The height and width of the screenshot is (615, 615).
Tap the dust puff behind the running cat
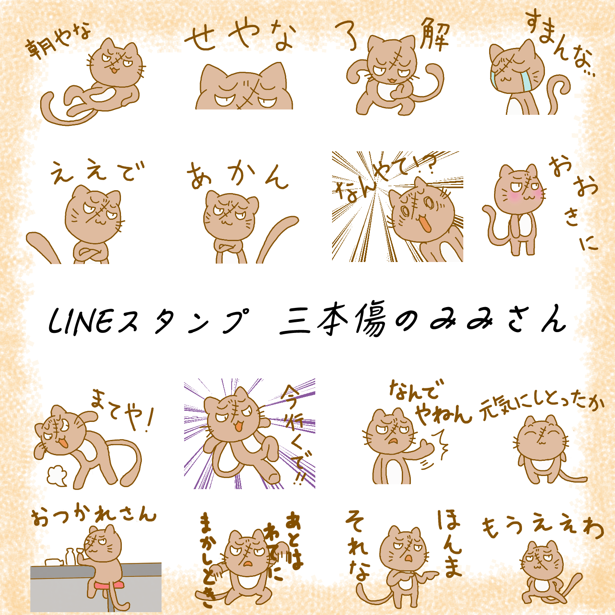pyautogui.click(x=57, y=476)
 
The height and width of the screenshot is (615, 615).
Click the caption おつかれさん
pyautogui.click(x=94, y=515)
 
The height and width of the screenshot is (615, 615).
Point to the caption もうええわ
pyautogui.click(x=543, y=526)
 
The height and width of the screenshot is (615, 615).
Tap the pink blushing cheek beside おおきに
pyautogui.click(x=513, y=196)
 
